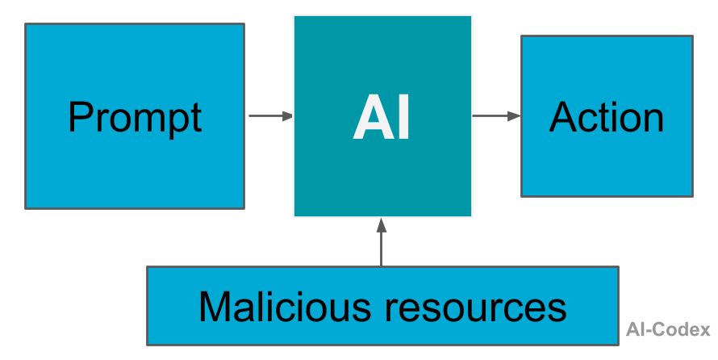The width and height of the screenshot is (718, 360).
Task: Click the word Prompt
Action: tap(135, 118)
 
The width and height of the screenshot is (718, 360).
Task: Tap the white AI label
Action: tap(382, 119)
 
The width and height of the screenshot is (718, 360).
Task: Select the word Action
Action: tap(607, 118)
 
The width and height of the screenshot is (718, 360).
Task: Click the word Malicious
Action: tap(278, 307)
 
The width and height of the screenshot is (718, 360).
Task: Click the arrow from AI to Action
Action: tap(495, 116)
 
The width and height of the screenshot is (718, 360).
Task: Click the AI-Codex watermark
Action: tap(668, 329)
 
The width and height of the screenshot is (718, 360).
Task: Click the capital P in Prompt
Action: tap(81, 118)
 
